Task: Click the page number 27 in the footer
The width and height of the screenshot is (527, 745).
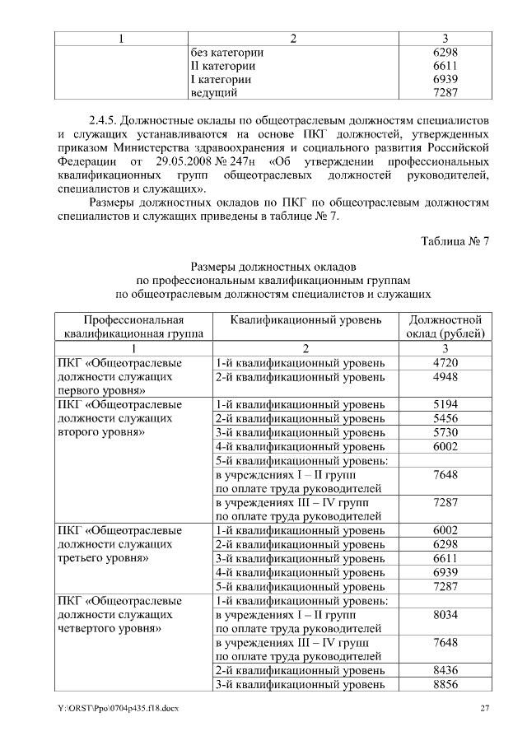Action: point(485,709)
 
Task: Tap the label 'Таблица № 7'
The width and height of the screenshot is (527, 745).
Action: point(455,241)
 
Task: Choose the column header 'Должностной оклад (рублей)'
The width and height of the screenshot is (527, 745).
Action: point(445,326)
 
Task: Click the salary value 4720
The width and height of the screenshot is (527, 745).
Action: point(445,361)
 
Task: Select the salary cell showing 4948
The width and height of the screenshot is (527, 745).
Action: point(445,376)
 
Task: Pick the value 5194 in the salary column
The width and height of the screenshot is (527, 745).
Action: point(445,404)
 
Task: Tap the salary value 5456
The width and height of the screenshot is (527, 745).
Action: point(445,419)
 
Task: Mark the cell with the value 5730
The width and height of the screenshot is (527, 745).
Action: point(445,433)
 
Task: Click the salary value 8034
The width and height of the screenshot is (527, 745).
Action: point(445,615)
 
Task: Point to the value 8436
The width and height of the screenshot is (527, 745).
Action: point(445,670)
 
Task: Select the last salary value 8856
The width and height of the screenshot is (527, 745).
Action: point(445,685)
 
